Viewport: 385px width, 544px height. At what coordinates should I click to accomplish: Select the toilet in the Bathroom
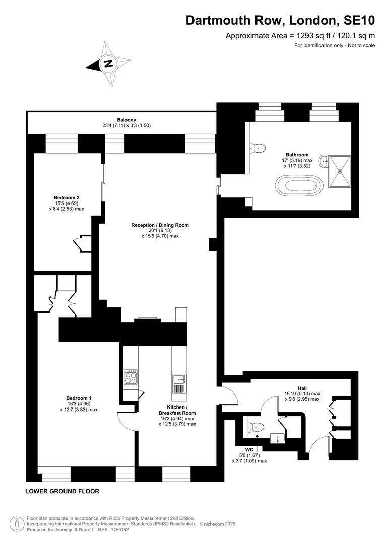coord(259,148)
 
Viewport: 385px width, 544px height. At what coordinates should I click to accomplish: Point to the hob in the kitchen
coord(131,377)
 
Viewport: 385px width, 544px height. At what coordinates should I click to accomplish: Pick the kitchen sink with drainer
coord(179,384)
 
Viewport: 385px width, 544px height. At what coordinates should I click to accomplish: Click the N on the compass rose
coord(109,64)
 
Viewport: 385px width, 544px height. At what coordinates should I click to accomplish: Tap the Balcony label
coord(126,120)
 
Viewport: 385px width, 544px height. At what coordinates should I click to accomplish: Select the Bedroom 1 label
coord(79,398)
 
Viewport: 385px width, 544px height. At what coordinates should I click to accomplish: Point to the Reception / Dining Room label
coord(160,225)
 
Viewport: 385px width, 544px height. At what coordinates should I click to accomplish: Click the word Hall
coord(302,388)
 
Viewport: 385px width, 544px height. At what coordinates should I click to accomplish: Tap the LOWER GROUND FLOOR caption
coord(62,491)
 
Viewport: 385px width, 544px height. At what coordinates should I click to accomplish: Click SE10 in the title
coord(359,20)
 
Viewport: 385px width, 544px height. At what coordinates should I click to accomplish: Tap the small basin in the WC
coord(278,438)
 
